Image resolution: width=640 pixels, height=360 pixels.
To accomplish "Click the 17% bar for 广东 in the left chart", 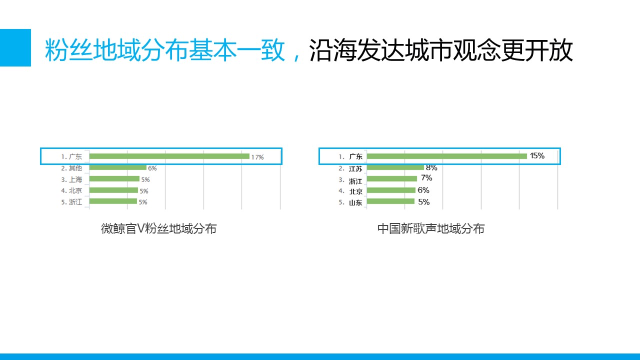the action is [169, 156].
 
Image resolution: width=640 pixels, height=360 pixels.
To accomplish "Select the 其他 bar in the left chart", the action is [117, 167].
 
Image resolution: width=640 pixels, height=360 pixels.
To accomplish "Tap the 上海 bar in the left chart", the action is [114, 179].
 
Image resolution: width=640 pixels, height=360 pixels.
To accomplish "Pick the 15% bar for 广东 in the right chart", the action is [447, 156].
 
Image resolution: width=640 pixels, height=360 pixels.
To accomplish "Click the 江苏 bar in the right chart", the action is [395, 167].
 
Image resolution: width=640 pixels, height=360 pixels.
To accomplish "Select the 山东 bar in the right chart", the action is [390, 201].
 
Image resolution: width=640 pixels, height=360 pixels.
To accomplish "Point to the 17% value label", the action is [257, 157].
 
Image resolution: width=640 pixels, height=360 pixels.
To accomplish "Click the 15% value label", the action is [537, 155].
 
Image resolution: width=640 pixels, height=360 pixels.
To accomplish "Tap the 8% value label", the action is [431, 167].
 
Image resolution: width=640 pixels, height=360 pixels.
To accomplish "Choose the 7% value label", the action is [426, 178].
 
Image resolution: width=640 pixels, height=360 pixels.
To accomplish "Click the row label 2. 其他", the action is [71, 168].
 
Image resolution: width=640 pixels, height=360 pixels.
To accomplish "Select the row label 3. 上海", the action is [71, 179].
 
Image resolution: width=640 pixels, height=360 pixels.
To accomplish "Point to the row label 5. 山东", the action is [350, 202].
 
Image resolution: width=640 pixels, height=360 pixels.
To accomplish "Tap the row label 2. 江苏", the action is [350, 169].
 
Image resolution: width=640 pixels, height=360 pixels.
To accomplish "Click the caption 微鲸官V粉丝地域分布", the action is [158, 228].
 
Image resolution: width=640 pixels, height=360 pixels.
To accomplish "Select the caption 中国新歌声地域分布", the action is [431, 228].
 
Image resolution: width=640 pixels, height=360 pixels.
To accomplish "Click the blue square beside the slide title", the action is [15, 47].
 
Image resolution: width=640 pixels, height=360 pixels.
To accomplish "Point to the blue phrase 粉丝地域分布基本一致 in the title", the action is [165, 50].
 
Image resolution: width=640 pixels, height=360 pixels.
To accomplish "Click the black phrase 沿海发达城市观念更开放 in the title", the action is [441, 50].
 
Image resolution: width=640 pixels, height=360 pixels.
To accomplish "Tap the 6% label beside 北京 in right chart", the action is [423, 190].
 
